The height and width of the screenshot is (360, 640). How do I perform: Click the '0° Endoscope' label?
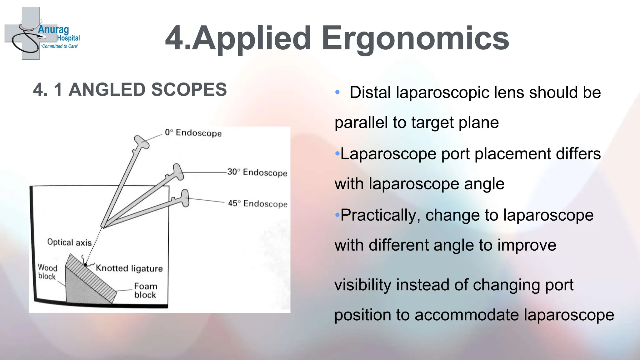[193, 133]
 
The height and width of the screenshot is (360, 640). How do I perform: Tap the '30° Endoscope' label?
[257, 172]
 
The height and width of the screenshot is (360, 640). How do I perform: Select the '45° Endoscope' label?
[257, 203]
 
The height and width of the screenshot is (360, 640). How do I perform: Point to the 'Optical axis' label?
[69, 242]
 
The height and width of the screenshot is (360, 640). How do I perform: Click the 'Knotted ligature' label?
[129, 268]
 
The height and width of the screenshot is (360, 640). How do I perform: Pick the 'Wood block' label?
[47, 272]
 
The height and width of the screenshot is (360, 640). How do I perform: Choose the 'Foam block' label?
[145, 291]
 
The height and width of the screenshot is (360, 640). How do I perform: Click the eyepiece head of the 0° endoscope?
[141, 142]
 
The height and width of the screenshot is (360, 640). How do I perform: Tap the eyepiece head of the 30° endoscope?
[178, 172]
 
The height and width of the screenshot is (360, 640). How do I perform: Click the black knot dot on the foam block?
[85, 265]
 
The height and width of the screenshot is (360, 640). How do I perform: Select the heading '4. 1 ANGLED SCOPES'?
[130, 90]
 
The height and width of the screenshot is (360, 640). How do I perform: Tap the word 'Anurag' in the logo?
[53, 30]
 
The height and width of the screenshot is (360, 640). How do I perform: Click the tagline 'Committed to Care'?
[60, 46]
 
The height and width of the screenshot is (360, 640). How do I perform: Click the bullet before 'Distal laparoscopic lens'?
[337, 92]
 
